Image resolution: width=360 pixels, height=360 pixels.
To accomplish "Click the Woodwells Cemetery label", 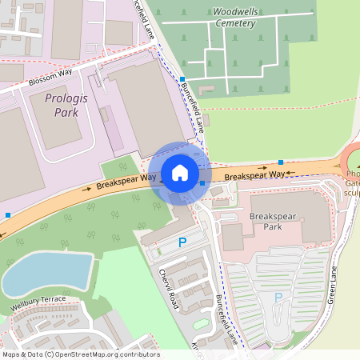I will (x=234, y=18).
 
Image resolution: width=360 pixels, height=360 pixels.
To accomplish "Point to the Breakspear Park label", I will (x=274, y=221).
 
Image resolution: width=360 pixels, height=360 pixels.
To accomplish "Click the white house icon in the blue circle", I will (x=180, y=173).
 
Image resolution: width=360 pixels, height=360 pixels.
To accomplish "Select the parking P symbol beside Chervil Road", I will (x=182, y=242).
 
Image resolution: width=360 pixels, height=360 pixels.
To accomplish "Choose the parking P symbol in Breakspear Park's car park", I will (x=278, y=298).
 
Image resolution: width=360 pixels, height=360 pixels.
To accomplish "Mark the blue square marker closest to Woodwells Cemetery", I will (x=182, y=78).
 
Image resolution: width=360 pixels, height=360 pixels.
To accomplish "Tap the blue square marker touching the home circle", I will (x=202, y=183).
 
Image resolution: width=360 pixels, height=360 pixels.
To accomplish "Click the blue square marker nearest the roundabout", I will (x=280, y=162).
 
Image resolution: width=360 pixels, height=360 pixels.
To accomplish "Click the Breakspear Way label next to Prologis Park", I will (x=126, y=181).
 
